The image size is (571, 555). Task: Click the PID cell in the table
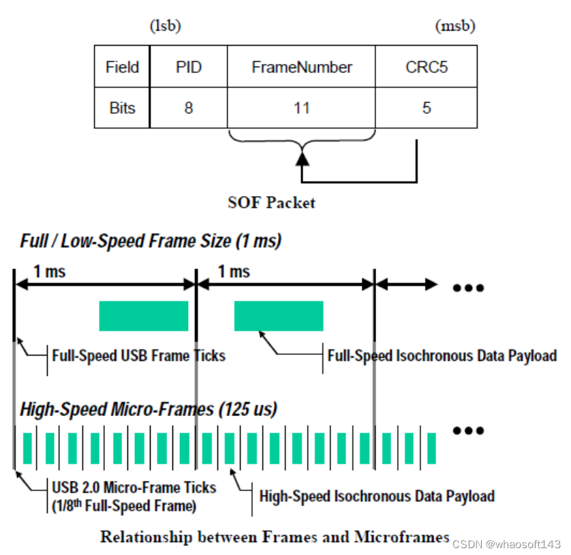[189, 67]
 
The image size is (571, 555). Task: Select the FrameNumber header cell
[301, 67]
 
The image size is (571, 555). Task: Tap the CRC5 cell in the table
[426, 67]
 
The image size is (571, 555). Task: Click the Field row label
[122, 67]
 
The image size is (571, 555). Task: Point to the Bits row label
[122, 108]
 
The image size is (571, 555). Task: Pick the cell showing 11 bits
[301, 108]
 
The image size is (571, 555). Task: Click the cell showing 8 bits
[189, 108]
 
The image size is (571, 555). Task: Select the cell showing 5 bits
[426, 108]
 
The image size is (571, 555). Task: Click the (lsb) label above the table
[165, 27]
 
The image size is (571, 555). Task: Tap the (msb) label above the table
[454, 27]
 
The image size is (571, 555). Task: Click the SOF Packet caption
[271, 202]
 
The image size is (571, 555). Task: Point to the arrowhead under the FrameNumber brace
[302, 159]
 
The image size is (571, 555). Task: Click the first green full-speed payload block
[143, 316]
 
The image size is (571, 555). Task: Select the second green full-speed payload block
[279, 316]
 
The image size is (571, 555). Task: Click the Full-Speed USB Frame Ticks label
[138, 355]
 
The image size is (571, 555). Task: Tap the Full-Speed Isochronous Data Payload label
[442, 355]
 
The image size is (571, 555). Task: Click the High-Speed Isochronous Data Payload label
[377, 496]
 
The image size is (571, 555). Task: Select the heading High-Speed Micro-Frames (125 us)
[149, 409]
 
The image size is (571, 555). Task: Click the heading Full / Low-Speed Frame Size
[151, 240]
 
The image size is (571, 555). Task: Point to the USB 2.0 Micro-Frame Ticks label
[134, 495]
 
